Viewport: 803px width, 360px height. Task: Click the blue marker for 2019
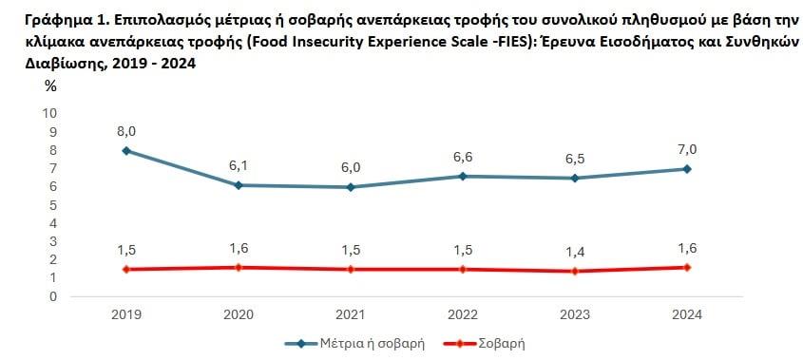point(125,150)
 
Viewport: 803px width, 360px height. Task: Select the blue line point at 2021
point(351,187)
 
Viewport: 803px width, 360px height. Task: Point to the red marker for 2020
point(239,268)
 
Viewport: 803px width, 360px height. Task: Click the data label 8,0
point(125,131)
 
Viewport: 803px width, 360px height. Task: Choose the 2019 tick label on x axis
point(125,313)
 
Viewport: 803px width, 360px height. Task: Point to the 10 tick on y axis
point(50,113)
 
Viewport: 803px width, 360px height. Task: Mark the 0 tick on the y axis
point(53,296)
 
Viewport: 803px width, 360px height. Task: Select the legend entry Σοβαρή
point(504,342)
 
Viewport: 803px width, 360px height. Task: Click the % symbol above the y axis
point(51,86)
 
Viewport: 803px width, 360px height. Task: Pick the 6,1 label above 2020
point(239,165)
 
